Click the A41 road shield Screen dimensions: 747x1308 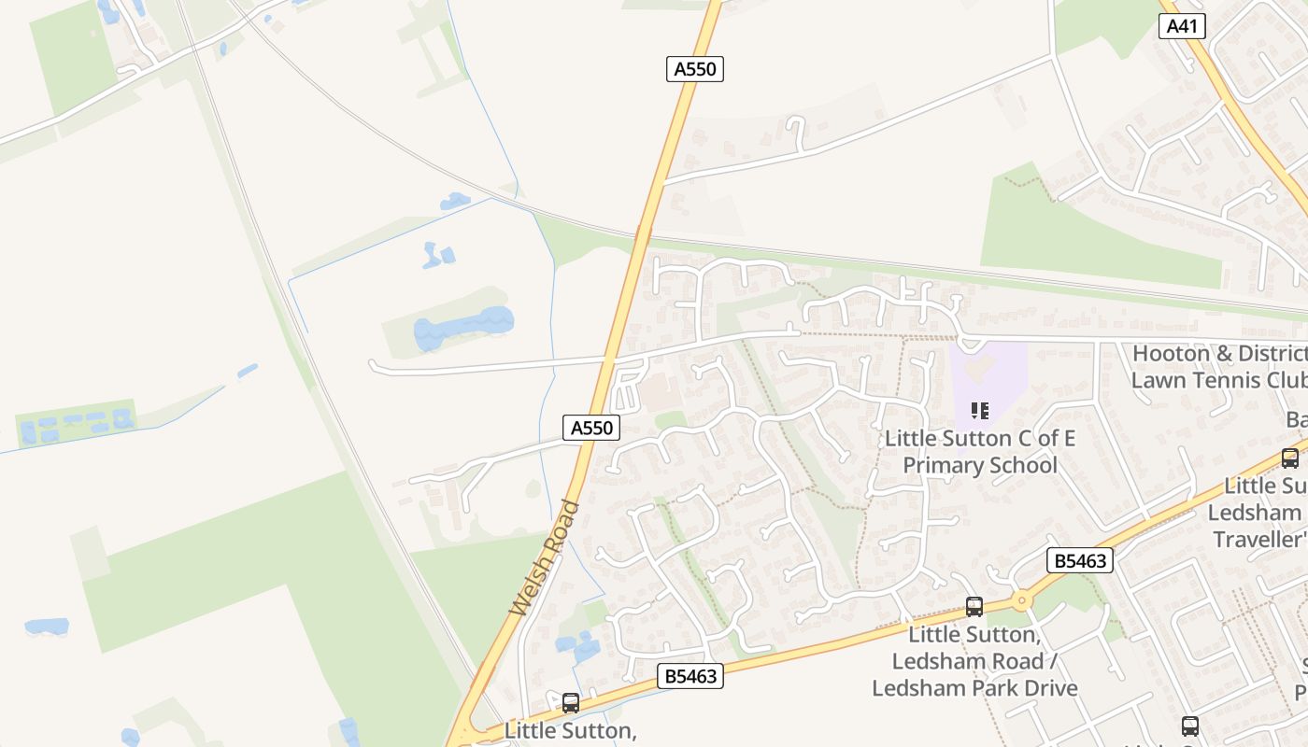point(1182,26)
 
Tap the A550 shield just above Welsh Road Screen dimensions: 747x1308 point(591,428)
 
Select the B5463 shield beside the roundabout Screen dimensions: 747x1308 point(1080,560)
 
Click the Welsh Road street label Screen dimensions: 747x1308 point(545,558)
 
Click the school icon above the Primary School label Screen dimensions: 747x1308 point(979,411)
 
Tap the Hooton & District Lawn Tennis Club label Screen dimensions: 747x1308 point(1218,367)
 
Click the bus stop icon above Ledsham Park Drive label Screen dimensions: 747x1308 point(974,607)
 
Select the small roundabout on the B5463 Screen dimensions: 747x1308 point(1021,600)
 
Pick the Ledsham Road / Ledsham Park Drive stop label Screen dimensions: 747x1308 point(974,661)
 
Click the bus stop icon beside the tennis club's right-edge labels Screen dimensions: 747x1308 point(1289,458)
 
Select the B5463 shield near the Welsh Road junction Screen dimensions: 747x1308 point(690,676)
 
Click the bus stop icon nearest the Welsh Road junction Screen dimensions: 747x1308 point(570,703)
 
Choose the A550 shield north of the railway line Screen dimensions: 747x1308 point(695,68)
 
